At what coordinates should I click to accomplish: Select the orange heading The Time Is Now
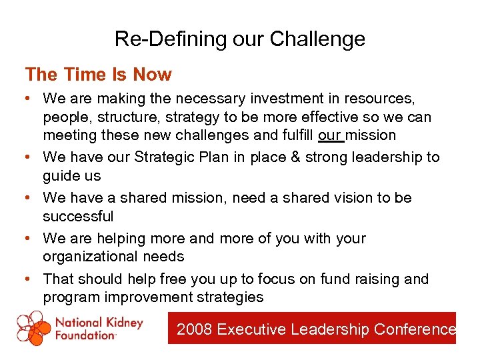(98, 74)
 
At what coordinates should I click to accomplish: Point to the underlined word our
(331, 135)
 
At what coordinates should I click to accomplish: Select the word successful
(78, 216)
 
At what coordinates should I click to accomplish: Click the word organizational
(93, 257)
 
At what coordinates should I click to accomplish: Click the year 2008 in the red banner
(195, 329)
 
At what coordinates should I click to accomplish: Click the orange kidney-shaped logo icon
(34, 328)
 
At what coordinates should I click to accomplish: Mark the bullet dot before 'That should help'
(29, 279)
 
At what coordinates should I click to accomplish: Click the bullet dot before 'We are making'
(29, 99)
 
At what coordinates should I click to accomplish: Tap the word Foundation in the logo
(85, 335)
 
